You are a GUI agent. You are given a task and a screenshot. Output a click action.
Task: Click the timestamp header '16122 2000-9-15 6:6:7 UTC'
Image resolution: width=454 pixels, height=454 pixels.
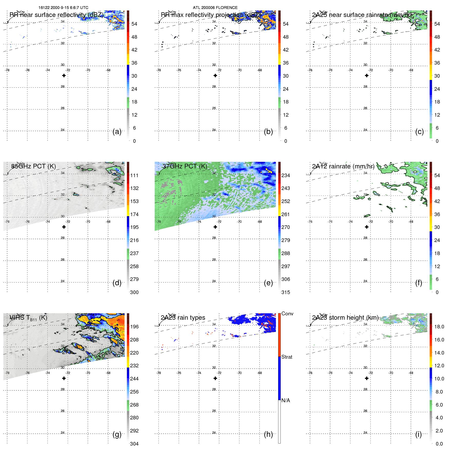pyautogui.click(x=63, y=8)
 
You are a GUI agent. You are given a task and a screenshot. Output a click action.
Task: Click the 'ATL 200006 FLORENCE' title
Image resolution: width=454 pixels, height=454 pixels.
pyautogui.click(x=215, y=8)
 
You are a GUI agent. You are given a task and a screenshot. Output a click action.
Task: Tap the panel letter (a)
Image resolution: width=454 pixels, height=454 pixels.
pyautogui.click(x=117, y=132)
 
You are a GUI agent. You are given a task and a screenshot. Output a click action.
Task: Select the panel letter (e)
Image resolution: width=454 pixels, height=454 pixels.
pyautogui.click(x=268, y=283)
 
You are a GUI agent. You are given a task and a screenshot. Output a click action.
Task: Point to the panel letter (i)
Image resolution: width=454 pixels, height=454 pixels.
pyautogui.click(x=418, y=434)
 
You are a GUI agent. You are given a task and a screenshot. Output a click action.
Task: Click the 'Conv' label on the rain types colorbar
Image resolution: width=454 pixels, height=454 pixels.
pyautogui.click(x=287, y=314)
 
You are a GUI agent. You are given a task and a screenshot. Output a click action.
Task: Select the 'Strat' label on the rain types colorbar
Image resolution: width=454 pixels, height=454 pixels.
pyautogui.click(x=287, y=357)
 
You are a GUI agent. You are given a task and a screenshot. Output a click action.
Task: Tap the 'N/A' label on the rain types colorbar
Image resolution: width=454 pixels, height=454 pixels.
pyautogui.click(x=286, y=400)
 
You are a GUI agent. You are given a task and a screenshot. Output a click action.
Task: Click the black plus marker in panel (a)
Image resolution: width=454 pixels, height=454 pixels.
pyautogui.click(x=64, y=76)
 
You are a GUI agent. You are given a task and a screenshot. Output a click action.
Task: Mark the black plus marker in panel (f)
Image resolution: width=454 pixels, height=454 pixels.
pyautogui.click(x=367, y=227)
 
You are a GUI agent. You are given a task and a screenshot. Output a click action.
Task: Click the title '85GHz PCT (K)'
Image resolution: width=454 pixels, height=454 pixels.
pyautogui.click(x=34, y=166)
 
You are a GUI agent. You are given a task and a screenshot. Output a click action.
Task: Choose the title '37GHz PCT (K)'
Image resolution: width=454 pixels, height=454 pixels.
pyautogui.click(x=185, y=166)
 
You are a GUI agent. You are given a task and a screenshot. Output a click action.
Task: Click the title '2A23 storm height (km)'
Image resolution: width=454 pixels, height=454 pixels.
pyautogui.click(x=345, y=318)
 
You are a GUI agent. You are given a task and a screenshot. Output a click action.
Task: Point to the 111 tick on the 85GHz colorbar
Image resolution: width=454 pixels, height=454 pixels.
pyautogui.click(x=134, y=175)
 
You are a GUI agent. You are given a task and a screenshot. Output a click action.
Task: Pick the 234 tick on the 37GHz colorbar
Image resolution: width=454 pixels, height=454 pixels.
pyautogui.click(x=286, y=175)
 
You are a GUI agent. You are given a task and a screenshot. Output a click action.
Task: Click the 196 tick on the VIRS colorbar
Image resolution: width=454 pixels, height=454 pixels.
pyautogui.click(x=134, y=327)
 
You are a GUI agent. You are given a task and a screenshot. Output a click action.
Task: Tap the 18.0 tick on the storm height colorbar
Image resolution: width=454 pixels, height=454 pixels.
pyautogui.click(x=439, y=327)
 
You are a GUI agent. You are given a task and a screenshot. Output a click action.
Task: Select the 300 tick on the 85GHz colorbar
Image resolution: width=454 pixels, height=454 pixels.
pyautogui.click(x=134, y=292)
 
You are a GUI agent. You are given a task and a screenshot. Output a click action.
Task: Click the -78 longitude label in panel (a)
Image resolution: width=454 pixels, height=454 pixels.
pyautogui.click(x=7, y=70)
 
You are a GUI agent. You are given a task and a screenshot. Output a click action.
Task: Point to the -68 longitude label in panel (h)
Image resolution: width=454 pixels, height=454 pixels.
pyautogui.click(x=259, y=373)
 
